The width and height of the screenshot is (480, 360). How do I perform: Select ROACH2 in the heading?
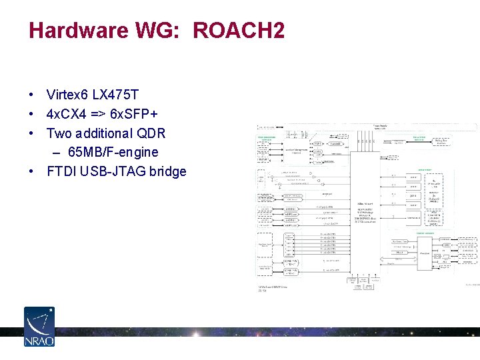tap(239, 31)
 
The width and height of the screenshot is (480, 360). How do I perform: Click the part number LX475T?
tap(115, 95)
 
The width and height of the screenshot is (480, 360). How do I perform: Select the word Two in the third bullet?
tap(59, 133)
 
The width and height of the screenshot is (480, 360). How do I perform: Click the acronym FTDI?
tap(61, 171)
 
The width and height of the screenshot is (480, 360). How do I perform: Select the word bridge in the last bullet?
tap(167, 171)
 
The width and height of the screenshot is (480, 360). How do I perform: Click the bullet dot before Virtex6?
tap(32, 95)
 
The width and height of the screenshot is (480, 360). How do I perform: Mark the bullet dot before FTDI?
tap(32, 172)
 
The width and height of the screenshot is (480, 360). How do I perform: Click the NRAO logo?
tap(39, 327)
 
